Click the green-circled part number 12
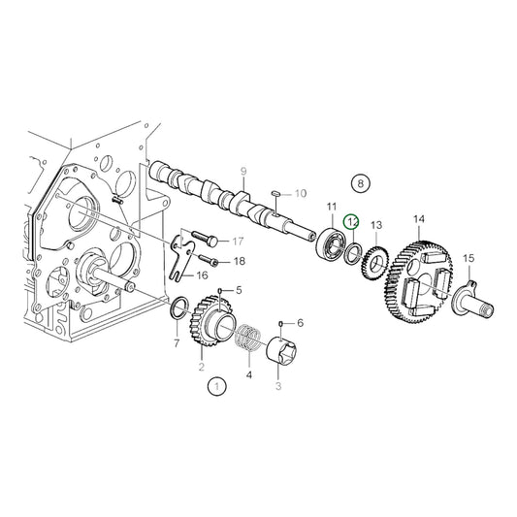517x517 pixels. click(x=353, y=222)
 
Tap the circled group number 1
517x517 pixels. click(x=217, y=388)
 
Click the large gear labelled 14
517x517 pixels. click(x=419, y=281)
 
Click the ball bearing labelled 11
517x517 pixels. click(x=332, y=243)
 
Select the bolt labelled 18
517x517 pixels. click(x=210, y=260)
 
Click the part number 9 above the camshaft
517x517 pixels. click(x=243, y=172)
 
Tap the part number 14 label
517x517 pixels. click(x=419, y=220)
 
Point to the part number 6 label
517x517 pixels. click(x=300, y=323)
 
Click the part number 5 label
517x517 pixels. click(x=239, y=290)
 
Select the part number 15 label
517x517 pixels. click(x=469, y=258)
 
